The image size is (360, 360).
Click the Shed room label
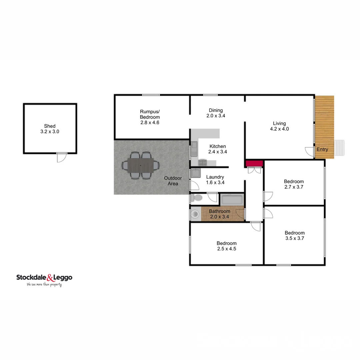(x=50, y=129)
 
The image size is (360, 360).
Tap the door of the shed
(x=62, y=157)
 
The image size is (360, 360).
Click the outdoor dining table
(x=141, y=165)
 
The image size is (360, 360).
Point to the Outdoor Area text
(x=173, y=181)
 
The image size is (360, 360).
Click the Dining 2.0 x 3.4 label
(x=216, y=113)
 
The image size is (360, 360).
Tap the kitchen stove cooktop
(x=203, y=163)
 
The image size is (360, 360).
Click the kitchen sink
(x=194, y=149)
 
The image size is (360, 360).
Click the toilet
(x=197, y=198)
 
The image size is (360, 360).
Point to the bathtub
(x=232, y=200)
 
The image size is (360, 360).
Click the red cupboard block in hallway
(x=254, y=163)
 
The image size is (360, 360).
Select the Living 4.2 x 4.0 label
(x=279, y=126)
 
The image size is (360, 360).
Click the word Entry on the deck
(x=322, y=149)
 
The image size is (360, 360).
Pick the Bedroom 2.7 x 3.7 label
(x=294, y=184)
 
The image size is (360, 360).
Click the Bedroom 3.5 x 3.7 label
(x=294, y=236)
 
